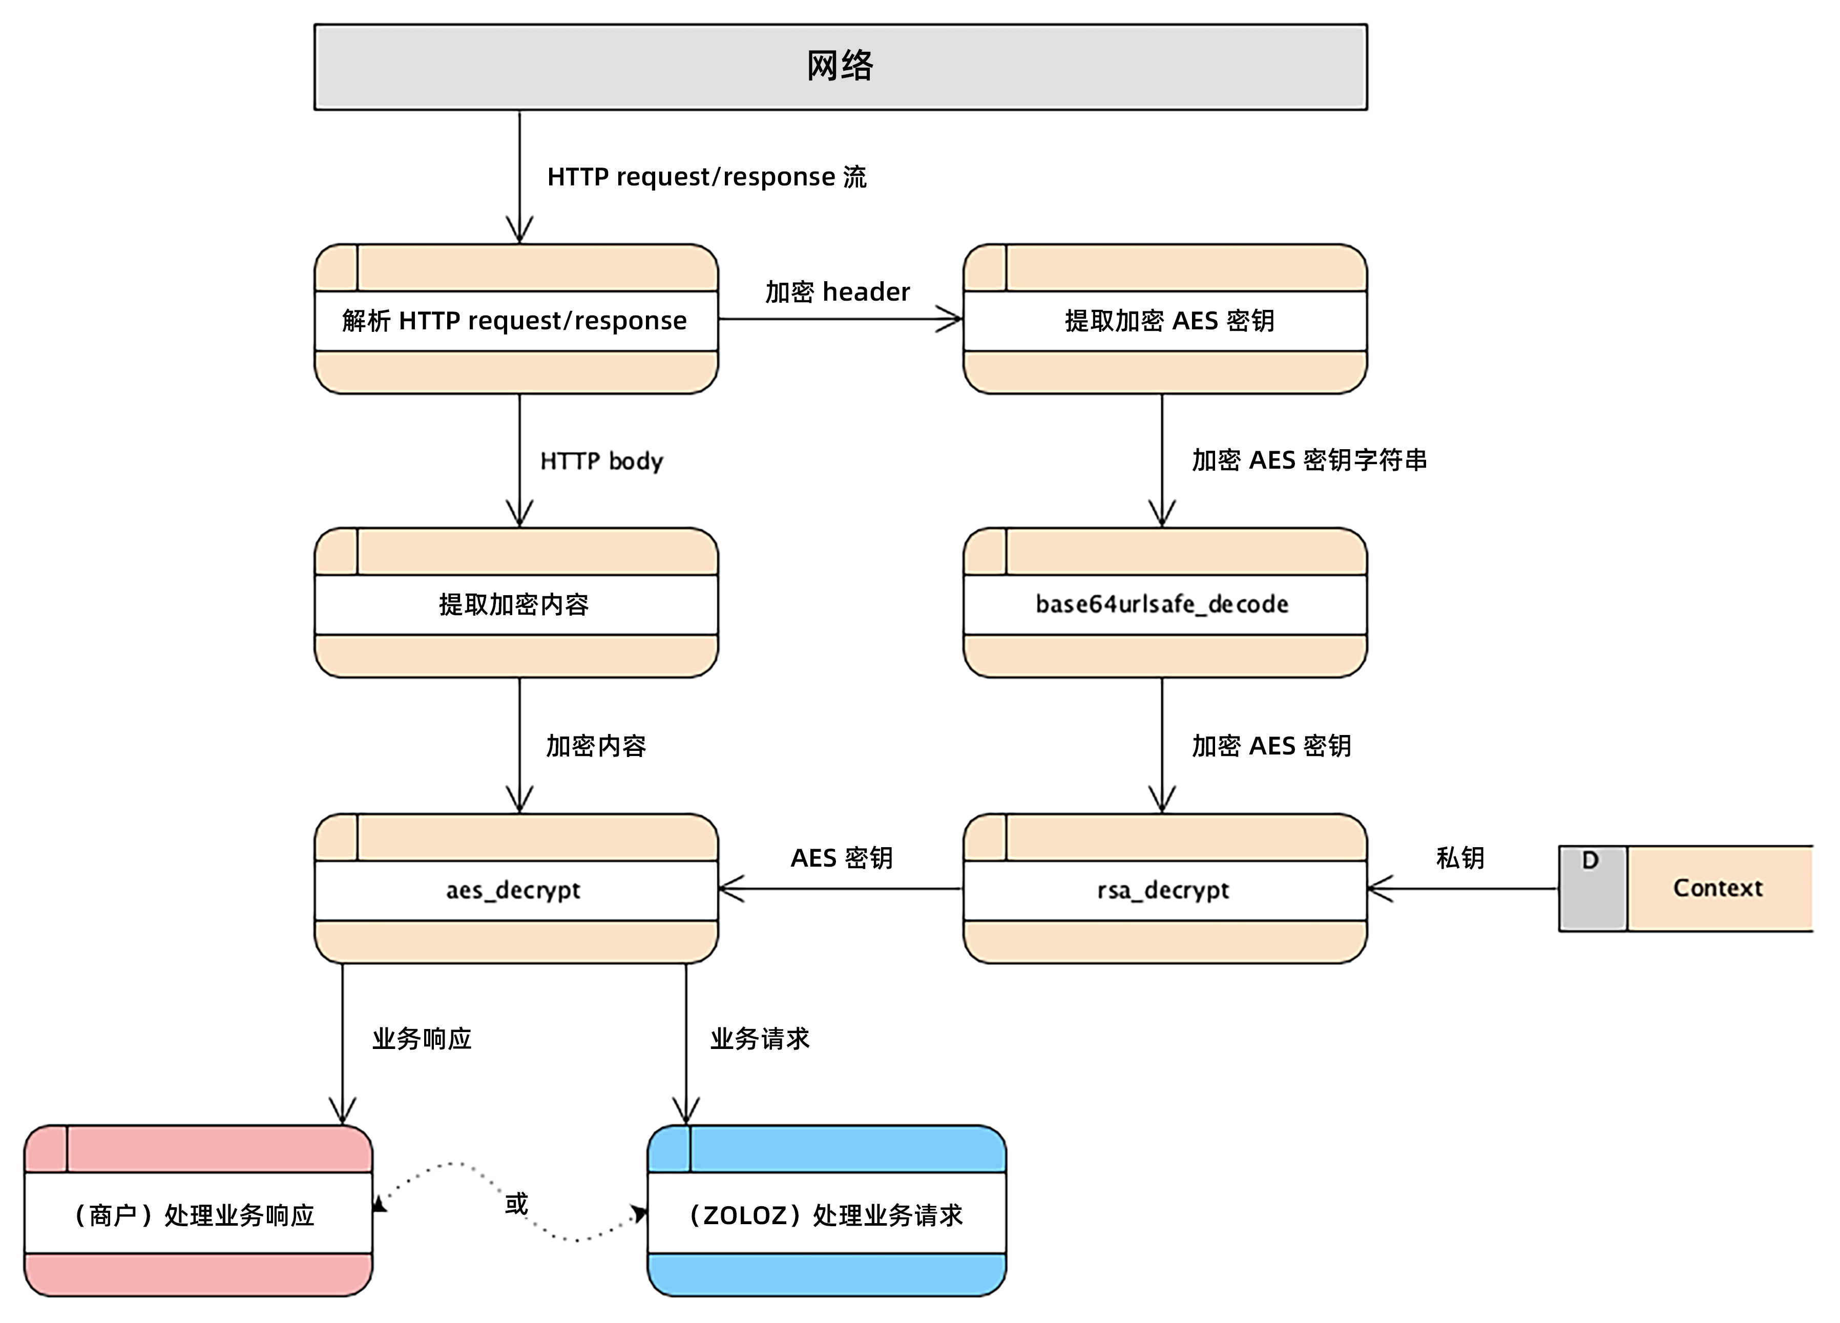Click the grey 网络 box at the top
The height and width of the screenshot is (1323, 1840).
point(841,67)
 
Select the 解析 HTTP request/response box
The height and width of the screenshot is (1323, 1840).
point(516,321)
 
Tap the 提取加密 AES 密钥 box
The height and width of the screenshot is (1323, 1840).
point(1165,321)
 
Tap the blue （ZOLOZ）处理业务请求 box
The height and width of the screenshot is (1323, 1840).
point(826,1214)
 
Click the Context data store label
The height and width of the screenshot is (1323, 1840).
point(1718,888)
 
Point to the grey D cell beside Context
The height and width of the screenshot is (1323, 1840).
point(1592,888)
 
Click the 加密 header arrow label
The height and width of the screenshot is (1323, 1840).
point(837,292)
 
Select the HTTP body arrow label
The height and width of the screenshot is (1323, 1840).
point(601,461)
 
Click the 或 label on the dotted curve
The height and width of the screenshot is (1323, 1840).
point(516,1203)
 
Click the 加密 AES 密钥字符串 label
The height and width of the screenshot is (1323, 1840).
point(1309,460)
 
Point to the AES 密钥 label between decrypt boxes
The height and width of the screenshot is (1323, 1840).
point(841,857)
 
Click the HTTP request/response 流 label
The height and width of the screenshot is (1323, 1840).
point(706,177)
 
